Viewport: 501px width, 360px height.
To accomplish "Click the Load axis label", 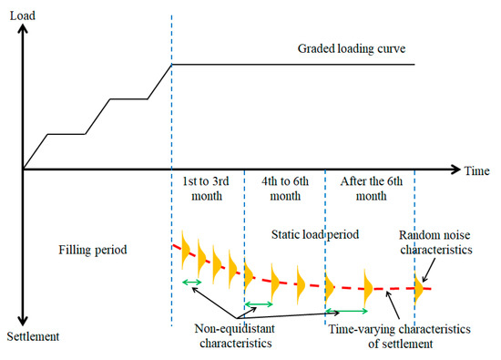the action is pos(23,15).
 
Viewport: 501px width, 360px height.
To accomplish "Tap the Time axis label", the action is pos(476,170).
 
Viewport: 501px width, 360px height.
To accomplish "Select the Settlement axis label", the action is pos(33,336).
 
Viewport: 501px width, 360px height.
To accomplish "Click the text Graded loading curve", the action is pos(352,48).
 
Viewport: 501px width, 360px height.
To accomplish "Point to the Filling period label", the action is pos(93,250).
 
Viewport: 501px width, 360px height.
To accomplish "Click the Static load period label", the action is pos(315,234).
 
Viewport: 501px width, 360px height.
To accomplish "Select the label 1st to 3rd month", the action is pos(206,189).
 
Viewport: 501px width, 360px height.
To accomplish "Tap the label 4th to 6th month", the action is pos(285,189).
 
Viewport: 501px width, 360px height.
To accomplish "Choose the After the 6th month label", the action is pos(372,189).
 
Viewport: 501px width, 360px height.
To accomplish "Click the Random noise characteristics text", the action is pos(435,242).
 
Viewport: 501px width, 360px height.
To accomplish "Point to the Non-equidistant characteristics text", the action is pos(236,335).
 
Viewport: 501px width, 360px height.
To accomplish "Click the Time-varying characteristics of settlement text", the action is pos(400,336).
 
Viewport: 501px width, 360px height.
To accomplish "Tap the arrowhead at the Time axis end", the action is pos(455,170).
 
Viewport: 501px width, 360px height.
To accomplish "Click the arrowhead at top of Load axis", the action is pos(23,29).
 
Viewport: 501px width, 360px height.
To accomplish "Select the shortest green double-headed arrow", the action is pos(191,282).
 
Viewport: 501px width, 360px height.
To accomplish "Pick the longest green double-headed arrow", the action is pos(347,311).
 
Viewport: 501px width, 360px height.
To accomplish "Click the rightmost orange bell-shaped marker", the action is pos(419,288).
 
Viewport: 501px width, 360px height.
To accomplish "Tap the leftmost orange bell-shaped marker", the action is pos(185,250).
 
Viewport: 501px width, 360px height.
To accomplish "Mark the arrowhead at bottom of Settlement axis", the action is pos(23,321).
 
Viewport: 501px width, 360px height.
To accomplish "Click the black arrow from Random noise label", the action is pos(428,270).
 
